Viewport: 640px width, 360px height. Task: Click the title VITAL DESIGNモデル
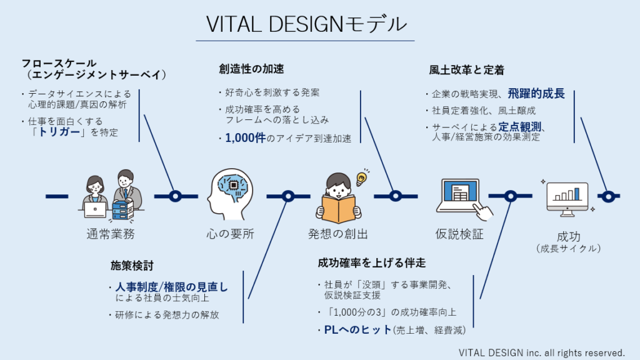pyautogui.click(x=306, y=24)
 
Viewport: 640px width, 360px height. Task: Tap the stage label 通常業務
pyautogui.click(x=111, y=234)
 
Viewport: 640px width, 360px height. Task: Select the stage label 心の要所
pyautogui.click(x=231, y=234)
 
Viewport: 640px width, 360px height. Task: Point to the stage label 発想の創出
pyautogui.click(x=338, y=234)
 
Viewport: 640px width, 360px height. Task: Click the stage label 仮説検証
pyautogui.click(x=459, y=234)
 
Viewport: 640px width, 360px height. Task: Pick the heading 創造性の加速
pyautogui.click(x=251, y=69)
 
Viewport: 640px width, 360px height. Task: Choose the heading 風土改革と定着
pyautogui.click(x=466, y=70)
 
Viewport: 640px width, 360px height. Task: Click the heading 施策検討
pyautogui.click(x=132, y=266)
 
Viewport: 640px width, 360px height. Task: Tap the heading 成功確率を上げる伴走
pyautogui.click(x=372, y=263)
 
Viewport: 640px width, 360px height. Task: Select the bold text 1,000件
pyautogui.click(x=245, y=138)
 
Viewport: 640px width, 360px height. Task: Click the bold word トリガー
pyautogui.click(x=59, y=132)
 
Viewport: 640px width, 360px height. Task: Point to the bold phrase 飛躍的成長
pyautogui.click(x=536, y=94)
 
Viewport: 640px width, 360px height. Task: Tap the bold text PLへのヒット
pyautogui.click(x=358, y=329)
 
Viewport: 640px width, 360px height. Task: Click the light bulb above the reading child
pyautogui.click(x=362, y=178)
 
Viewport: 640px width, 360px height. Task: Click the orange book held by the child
pyautogui.click(x=338, y=209)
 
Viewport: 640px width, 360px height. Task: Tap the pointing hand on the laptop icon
pyautogui.click(x=483, y=211)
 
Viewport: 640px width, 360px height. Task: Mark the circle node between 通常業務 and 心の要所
pyautogui.click(x=176, y=196)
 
